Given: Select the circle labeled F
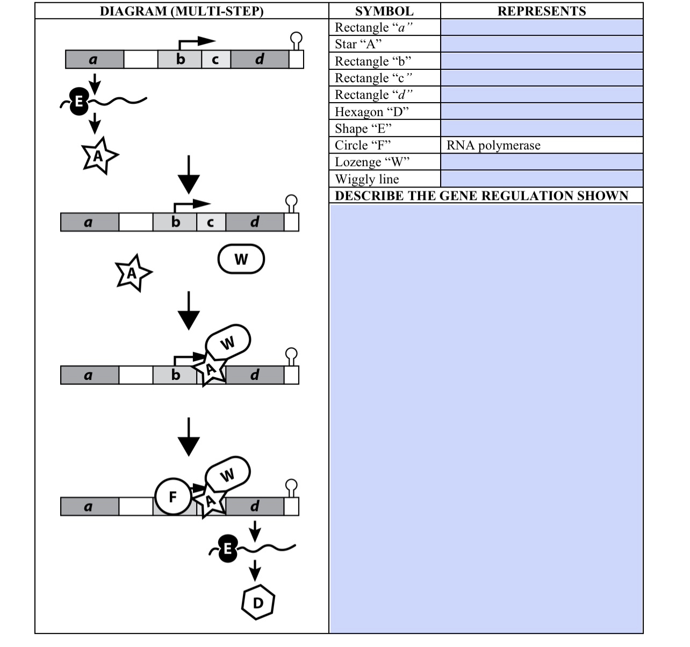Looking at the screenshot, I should (x=172, y=497).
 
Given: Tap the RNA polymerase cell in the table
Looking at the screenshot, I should (x=541, y=145).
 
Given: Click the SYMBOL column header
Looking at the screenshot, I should (x=384, y=11).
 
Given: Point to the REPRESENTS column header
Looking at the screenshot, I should (x=541, y=11).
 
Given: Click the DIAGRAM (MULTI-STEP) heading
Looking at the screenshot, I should (x=182, y=11).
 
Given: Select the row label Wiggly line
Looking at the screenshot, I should (x=367, y=179).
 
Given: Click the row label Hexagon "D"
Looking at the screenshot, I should (x=371, y=112).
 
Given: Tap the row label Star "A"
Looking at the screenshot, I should (x=358, y=44).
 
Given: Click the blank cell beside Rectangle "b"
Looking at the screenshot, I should (x=541, y=61).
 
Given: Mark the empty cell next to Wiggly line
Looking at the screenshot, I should (x=541, y=179).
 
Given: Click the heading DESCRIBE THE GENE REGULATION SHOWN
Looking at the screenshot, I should (x=481, y=196).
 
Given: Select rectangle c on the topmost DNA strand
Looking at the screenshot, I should (x=215, y=59).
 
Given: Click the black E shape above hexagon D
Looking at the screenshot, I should (x=227, y=549).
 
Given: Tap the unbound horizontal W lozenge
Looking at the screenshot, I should (x=241, y=259).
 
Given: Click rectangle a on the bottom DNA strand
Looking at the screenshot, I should (x=89, y=506).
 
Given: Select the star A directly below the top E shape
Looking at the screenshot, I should (x=98, y=156).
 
